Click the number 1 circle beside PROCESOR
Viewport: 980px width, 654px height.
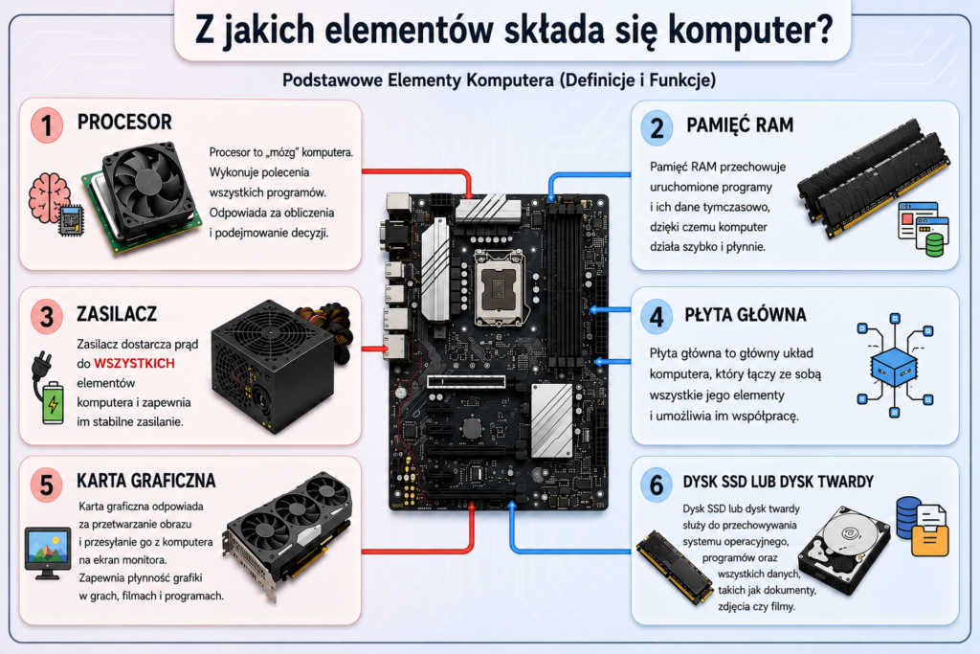(47, 125)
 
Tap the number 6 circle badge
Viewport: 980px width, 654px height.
(657, 485)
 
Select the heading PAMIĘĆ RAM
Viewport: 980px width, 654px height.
(740, 125)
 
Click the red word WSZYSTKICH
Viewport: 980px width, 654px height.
(134, 363)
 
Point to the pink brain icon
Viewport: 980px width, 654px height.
(49, 197)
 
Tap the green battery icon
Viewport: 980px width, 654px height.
(54, 403)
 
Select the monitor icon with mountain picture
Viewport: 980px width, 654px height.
(48, 553)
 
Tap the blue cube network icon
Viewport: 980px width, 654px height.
(895, 365)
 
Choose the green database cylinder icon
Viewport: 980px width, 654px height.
(934, 245)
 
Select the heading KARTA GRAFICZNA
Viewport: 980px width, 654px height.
(146, 480)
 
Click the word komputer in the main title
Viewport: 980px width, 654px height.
(750, 30)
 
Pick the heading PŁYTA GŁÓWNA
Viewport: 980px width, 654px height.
(746, 314)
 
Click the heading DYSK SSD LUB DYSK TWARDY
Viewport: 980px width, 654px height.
(778, 482)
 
